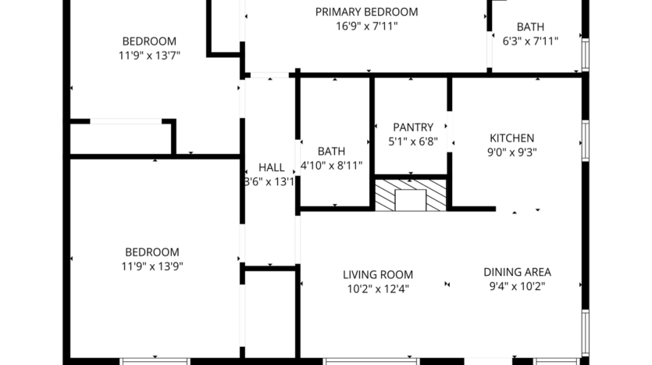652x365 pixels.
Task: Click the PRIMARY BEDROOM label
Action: coord(366,12)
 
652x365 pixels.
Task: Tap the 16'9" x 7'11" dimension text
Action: coord(366,26)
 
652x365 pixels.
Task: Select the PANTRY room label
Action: coord(412,127)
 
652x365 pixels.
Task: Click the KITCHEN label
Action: coord(511,138)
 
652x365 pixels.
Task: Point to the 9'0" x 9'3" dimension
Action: coord(511,152)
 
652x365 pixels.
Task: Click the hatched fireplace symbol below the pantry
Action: coord(411,195)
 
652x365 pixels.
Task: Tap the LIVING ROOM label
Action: coord(378,274)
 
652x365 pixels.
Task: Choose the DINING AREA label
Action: coord(517,272)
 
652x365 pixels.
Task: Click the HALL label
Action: coord(271,167)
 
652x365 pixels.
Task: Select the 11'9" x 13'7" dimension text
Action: coord(149,55)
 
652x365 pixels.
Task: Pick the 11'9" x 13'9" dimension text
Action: coord(151,266)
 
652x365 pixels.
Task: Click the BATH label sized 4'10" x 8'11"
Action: coord(331,151)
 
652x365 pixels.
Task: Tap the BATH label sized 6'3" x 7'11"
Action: coord(530,27)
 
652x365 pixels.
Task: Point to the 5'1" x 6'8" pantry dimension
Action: coord(412,142)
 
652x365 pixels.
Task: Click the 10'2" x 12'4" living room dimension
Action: coord(378,288)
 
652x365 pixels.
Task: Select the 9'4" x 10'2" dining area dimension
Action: coord(517,286)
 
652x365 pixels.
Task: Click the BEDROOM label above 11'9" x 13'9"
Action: coord(151,252)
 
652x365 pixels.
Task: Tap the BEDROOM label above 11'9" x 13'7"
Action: coord(149,41)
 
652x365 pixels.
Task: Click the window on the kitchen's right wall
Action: coord(585,141)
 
